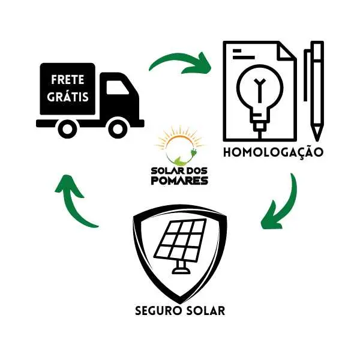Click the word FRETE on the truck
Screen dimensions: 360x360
click(67, 80)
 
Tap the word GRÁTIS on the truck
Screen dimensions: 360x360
click(68, 97)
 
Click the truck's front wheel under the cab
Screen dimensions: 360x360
click(118, 129)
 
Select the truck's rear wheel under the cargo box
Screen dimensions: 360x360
click(67, 129)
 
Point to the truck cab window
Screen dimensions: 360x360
click(117, 88)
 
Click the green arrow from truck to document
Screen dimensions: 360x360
click(181, 61)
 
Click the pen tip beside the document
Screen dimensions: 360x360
click(317, 133)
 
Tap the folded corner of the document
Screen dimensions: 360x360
click(286, 51)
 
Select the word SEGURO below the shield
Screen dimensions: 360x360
click(158, 311)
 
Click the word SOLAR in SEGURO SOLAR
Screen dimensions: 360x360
click(205, 311)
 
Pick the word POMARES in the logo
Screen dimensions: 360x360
click(179, 181)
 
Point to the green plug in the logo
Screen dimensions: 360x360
click(193, 153)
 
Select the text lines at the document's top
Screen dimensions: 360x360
click(244, 54)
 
